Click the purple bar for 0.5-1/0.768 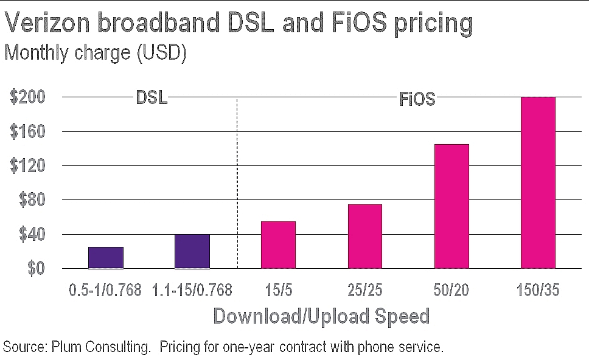coord(106,257)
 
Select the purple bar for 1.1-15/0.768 coord(192,251)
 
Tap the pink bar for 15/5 coord(278,244)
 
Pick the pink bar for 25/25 coord(365,236)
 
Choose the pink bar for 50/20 coord(451,206)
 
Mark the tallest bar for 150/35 coord(538,182)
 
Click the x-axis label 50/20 coord(451,290)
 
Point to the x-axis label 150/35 coord(538,290)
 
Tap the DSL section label coord(151,98)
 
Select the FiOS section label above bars coord(417,99)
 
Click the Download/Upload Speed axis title coord(321,316)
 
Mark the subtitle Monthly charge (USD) coord(95,54)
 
